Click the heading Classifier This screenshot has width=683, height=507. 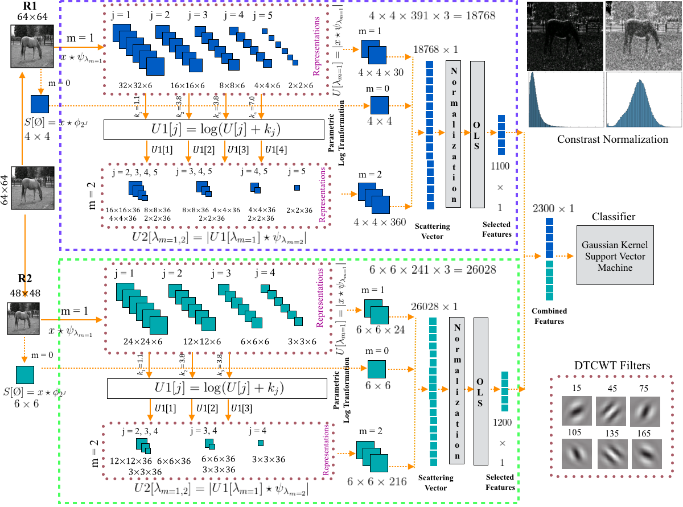coord(613,216)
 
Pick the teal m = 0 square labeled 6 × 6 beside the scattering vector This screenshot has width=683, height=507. coord(376,369)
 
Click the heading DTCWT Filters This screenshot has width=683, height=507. coord(612,365)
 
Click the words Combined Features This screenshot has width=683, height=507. coord(549,316)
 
